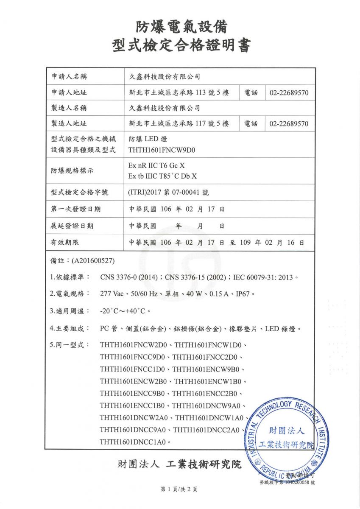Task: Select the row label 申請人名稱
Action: point(69,77)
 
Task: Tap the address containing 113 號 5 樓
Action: point(179,92)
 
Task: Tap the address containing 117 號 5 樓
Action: point(179,124)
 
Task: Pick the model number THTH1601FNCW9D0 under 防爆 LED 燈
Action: point(162,150)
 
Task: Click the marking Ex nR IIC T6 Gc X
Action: point(156,165)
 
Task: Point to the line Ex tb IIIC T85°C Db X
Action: point(162,176)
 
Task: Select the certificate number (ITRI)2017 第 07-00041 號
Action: point(168,193)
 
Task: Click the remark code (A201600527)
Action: point(93,260)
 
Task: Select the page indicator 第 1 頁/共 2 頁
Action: point(179,489)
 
